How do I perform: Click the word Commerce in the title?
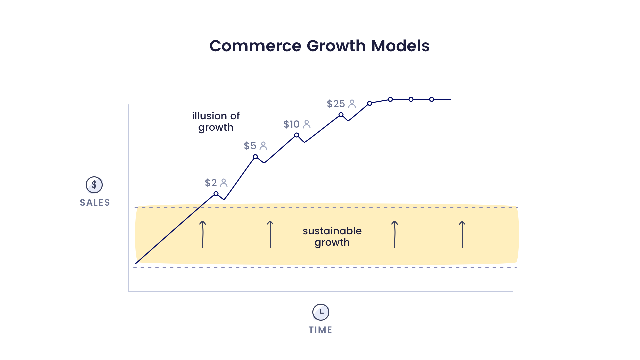click(x=255, y=46)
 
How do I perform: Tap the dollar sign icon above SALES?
click(x=94, y=185)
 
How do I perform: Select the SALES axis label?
click(x=95, y=203)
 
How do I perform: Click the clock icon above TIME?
click(x=321, y=312)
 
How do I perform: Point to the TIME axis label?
click(x=320, y=330)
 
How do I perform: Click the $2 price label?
click(x=211, y=183)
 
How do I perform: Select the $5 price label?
click(x=250, y=146)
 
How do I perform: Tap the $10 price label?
click(x=292, y=124)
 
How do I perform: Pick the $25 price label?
click(x=336, y=104)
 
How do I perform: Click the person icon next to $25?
click(x=352, y=104)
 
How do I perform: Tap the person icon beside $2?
click(x=224, y=183)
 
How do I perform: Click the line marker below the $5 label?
click(x=255, y=157)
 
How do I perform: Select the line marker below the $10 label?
click(x=297, y=135)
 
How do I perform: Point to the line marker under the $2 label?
click(x=216, y=194)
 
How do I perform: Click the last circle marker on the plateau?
click(x=432, y=99)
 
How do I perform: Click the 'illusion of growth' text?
click(x=216, y=122)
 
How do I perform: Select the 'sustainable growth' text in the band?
click(x=332, y=237)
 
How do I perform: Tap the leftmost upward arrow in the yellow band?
click(x=203, y=234)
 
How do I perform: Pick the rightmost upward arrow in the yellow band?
click(x=462, y=234)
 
